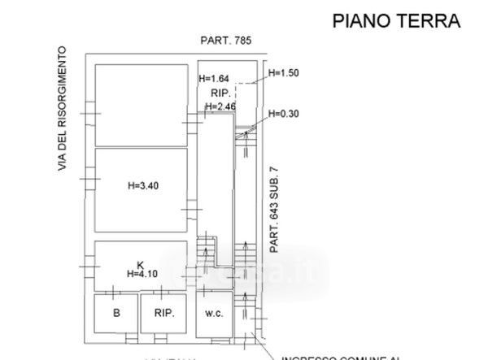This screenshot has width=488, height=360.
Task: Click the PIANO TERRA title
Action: pyautogui.click(x=397, y=21)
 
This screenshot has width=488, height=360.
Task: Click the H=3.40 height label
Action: pyautogui.click(x=143, y=185)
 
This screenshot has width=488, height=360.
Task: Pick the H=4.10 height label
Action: pyautogui.click(x=142, y=274)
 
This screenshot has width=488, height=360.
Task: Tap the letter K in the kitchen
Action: pyautogui.click(x=140, y=264)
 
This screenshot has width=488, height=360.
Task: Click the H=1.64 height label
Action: pyautogui.click(x=215, y=79)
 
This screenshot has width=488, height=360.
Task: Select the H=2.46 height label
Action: pyautogui.click(x=220, y=106)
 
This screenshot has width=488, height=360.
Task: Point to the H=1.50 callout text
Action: pyautogui.click(x=285, y=73)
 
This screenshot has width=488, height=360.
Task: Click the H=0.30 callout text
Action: pyautogui.click(x=285, y=114)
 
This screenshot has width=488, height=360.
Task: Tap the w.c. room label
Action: pyautogui.click(x=214, y=313)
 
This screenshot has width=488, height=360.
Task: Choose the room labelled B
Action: pyautogui.click(x=116, y=313)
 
